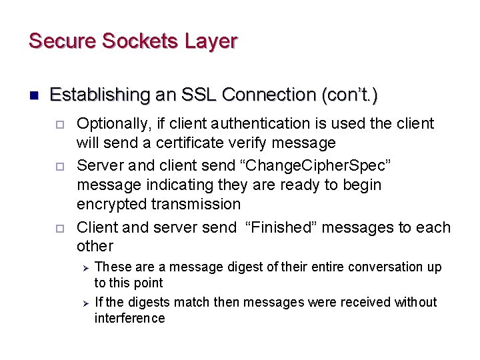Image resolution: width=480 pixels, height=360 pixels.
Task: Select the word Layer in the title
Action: pyautogui.click(x=211, y=41)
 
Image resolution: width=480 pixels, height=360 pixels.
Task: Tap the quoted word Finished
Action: pyautogui.click(x=284, y=227)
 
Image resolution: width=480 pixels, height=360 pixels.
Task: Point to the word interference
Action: pyautogui.click(x=129, y=319)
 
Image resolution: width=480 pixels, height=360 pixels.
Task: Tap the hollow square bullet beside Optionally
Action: pyautogui.click(x=59, y=125)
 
